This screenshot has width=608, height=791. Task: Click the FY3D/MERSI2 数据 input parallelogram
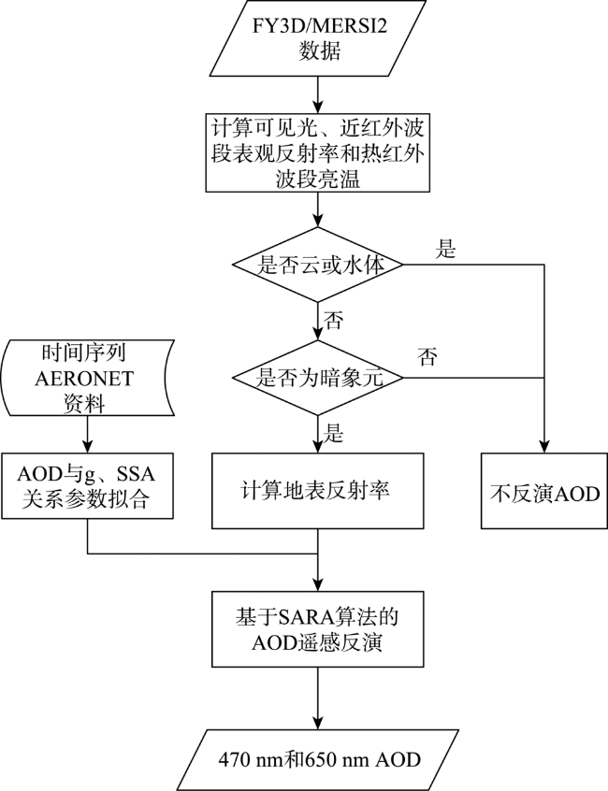[317, 38]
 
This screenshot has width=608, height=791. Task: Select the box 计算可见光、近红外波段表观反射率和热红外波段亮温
[317, 152]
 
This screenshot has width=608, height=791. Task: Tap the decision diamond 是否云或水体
[317, 265]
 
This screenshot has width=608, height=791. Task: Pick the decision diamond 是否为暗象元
[317, 378]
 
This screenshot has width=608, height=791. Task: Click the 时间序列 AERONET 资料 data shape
[87, 378]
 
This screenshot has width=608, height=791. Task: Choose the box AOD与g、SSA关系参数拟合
[87, 486]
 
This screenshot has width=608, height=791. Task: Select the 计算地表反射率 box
[317, 490]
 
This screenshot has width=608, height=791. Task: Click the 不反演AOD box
[543, 490]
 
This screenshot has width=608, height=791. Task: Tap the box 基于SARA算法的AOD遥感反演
[317, 629]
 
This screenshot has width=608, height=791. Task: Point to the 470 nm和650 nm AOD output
[319, 760]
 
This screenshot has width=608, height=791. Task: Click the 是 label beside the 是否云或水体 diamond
[445, 250]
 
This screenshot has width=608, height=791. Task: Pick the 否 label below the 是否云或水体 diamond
[332, 320]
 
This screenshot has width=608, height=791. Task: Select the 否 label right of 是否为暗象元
[427, 357]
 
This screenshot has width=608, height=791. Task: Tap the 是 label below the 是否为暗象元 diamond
[332, 433]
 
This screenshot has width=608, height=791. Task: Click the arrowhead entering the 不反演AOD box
[543, 446]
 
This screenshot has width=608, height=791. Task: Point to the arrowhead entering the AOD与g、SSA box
[87, 446]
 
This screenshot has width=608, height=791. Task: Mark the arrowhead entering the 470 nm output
[318, 723]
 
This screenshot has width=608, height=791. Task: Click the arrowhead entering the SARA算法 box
[318, 584]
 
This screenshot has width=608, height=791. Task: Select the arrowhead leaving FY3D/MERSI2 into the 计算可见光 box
[318, 107]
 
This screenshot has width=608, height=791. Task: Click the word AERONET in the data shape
[84, 379]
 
